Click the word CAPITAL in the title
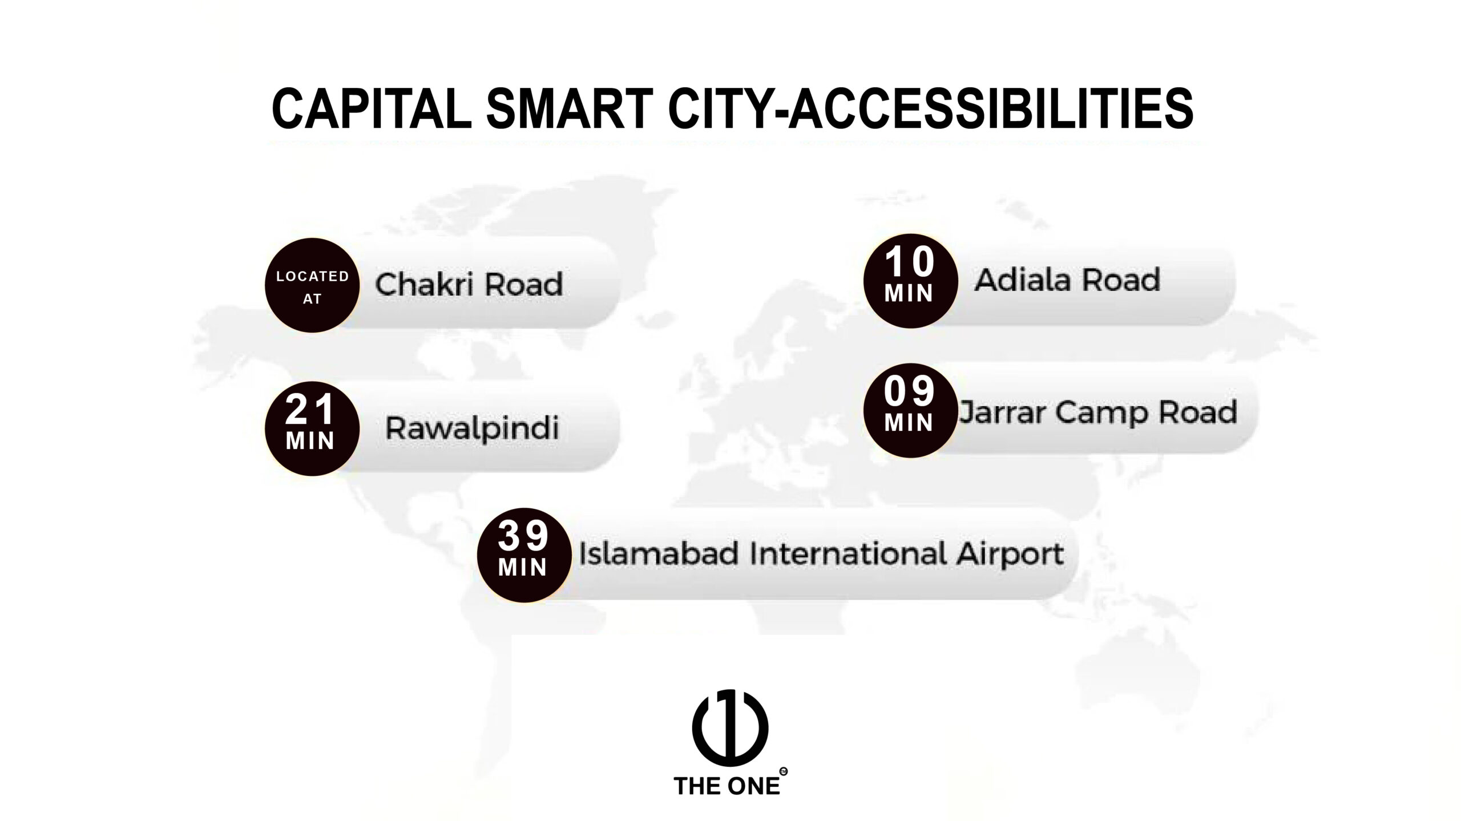pos(372,108)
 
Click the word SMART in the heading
pos(570,108)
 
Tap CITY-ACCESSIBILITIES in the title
pos(930,108)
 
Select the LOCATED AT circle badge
pos(312,285)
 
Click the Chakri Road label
pos(469,284)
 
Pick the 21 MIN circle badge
pos(312,428)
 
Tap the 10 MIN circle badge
pos(910,281)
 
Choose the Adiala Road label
pos(1067,280)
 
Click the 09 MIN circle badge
pos(910,410)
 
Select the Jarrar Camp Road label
pos(1097,412)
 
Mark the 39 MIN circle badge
pos(524,555)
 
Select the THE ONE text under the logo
pos(727,786)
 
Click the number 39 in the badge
pos(523,536)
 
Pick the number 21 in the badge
pos(310,409)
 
